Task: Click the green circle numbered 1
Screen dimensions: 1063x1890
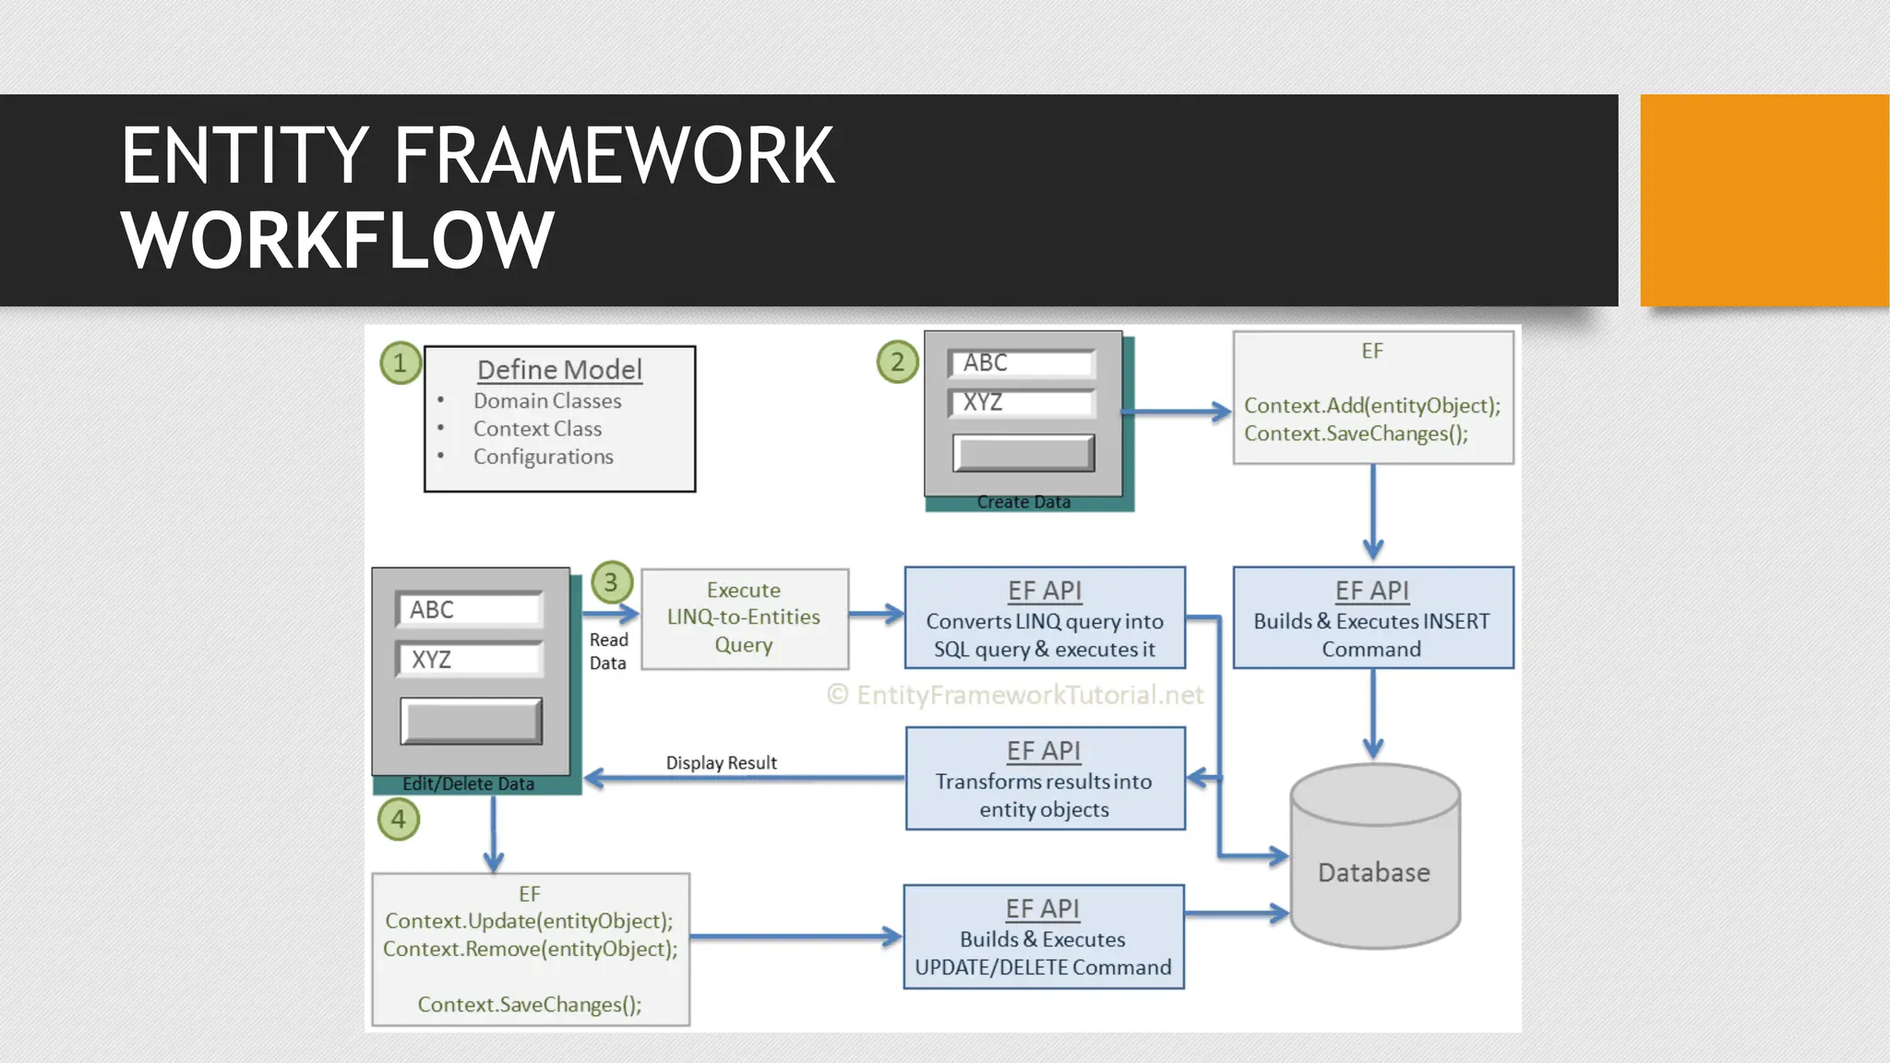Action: pyautogui.click(x=401, y=363)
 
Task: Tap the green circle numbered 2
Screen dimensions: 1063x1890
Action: pyautogui.click(x=897, y=362)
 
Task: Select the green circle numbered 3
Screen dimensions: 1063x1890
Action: pyautogui.click(x=611, y=582)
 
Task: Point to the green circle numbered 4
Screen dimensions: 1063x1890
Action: pyautogui.click(x=399, y=818)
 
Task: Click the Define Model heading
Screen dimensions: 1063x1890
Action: pyautogui.click(x=559, y=370)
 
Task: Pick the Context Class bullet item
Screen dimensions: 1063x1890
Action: pyautogui.click(x=537, y=429)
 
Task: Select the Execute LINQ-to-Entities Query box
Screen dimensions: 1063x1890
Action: pyautogui.click(x=744, y=618)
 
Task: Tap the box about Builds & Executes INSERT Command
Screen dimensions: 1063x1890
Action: pyautogui.click(x=1372, y=618)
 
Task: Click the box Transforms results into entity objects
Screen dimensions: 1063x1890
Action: pyautogui.click(x=1045, y=780)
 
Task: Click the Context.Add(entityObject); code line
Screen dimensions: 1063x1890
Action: pyautogui.click(x=1371, y=406)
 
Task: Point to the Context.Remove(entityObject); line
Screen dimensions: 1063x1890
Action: pyautogui.click(x=530, y=950)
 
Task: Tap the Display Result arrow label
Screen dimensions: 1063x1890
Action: pyautogui.click(x=721, y=763)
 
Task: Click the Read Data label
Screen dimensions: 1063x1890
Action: pyautogui.click(x=608, y=651)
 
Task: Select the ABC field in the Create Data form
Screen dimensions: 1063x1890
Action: pyautogui.click(x=1023, y=364)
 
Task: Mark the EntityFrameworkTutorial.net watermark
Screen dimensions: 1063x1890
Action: pyautogui.click(x=1015, y=695)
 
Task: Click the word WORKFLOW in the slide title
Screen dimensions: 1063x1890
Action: pyautogui.click(x=338, y=240)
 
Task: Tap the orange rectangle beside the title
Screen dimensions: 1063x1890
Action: pyautogui.click(x=1764, y=200)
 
